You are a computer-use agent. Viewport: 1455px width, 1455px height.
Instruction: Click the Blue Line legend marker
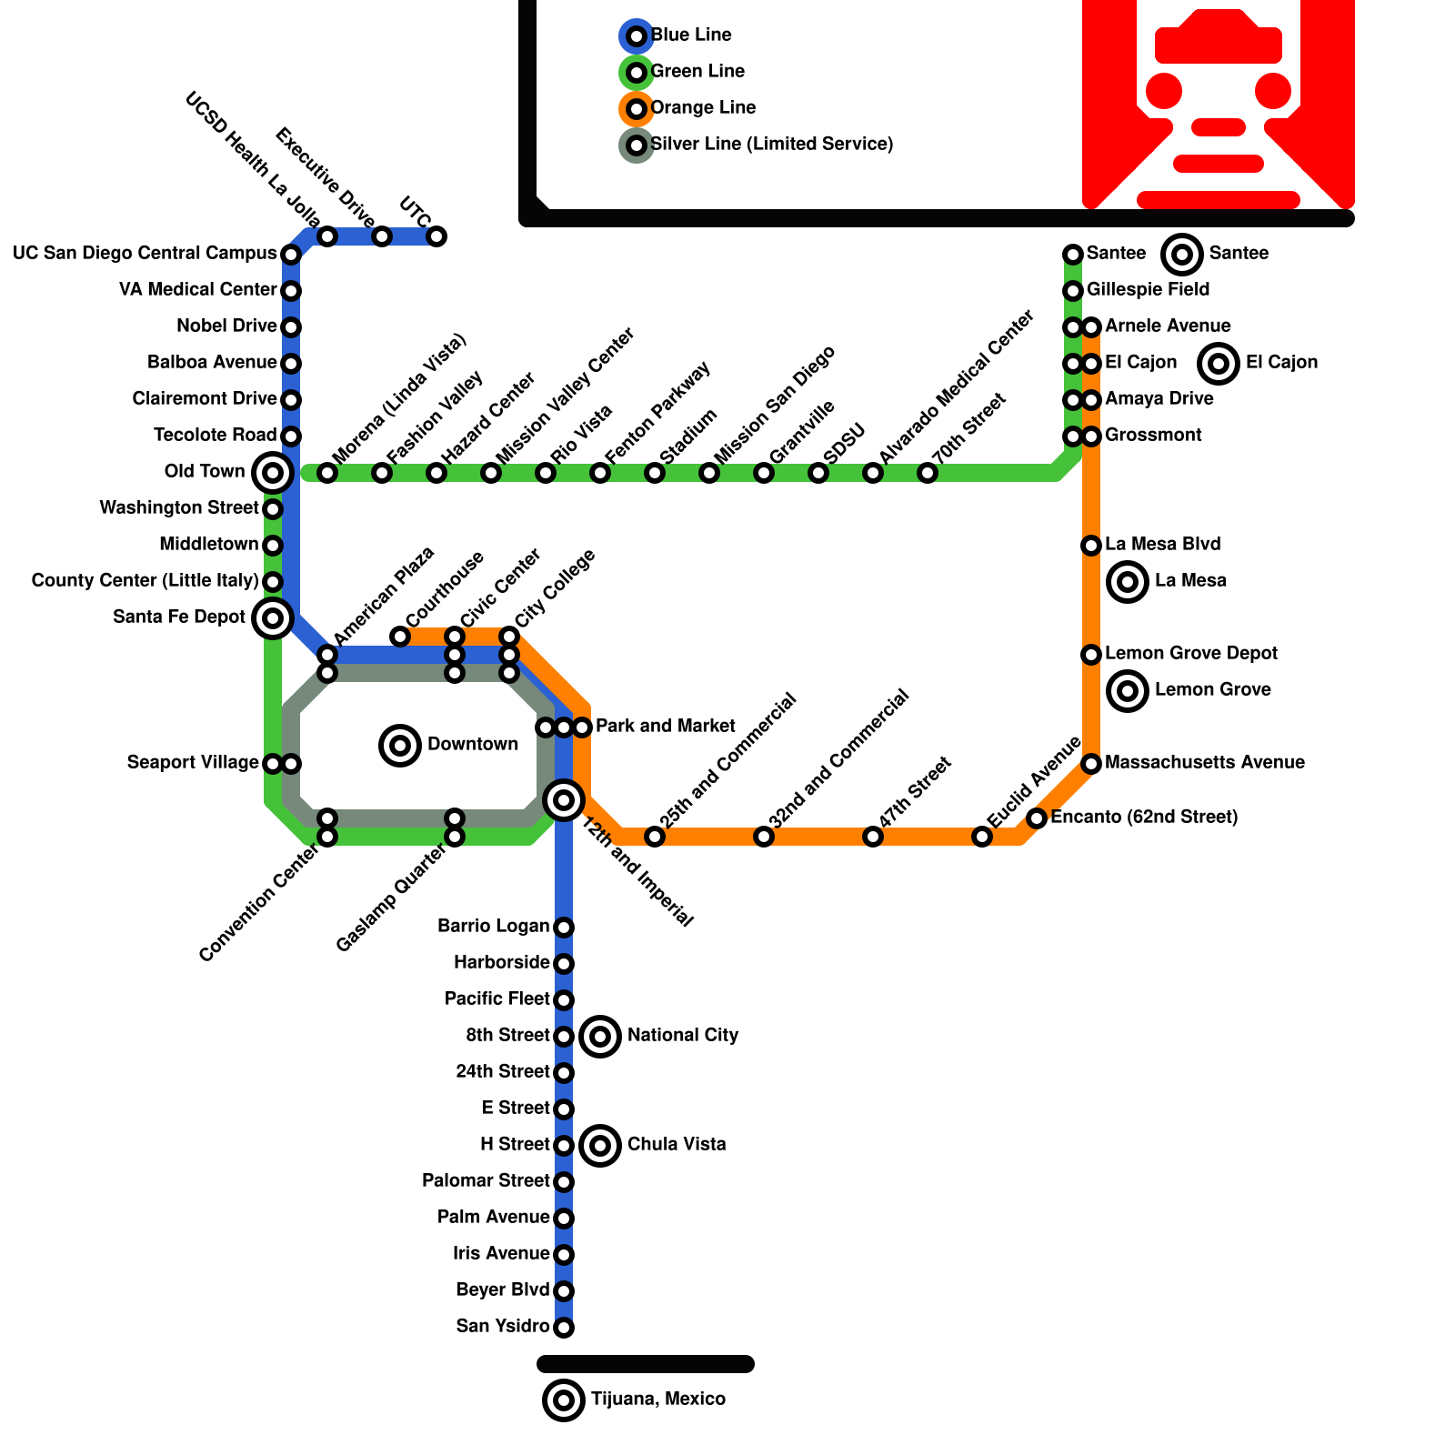(x=637, y=36)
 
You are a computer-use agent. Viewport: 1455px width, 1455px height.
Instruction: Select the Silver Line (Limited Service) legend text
(x=772, y=145)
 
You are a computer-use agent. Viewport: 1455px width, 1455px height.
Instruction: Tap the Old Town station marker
(x=272, y=472)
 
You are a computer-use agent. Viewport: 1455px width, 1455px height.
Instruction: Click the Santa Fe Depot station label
(x=179, y=617)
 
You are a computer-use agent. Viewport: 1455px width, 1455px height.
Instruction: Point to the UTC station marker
(x=436, y=236)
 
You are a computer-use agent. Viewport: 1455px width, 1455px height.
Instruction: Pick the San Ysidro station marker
(x=564, y=1328)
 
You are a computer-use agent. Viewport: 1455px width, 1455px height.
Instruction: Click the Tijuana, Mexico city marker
(x=564, y=1400)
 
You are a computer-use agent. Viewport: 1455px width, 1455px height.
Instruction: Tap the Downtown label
(x=473, y=745)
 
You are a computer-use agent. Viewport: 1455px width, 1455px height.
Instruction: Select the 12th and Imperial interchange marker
(x=564, y=800)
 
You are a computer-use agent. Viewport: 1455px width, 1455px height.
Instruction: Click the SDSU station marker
(x=818, y=473)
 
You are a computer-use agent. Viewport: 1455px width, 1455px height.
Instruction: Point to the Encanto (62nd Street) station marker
(x=1037, y=818)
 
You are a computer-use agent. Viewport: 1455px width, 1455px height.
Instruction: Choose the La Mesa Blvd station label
(x=1162, y=545)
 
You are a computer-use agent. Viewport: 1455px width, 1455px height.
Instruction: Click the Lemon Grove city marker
(x=1128, y=691)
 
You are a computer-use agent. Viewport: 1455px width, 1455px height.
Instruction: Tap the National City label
(x=683, y=1036)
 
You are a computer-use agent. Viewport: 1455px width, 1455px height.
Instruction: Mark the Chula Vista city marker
(x=600, y=1146)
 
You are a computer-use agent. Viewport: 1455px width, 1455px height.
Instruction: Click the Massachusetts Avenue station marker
(x=1091, y=764)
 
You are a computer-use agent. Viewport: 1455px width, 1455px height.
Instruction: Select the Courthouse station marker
(x=400, y=637)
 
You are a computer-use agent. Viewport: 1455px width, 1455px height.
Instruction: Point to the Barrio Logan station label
(x=493, y=927)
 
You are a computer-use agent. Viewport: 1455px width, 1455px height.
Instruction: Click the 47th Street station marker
(x=873, y=837)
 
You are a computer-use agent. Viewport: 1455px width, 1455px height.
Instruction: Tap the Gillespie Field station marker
(x=1073, y=291)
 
